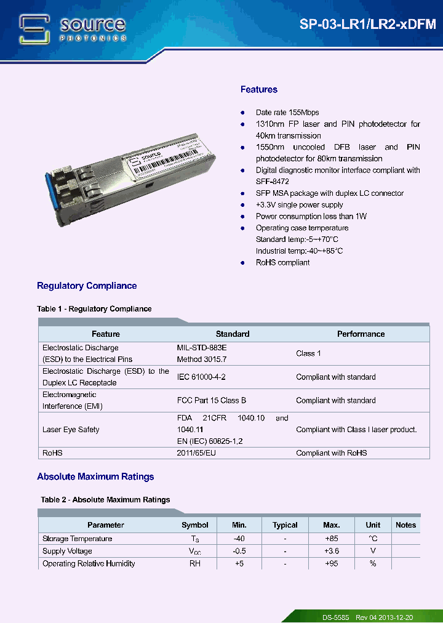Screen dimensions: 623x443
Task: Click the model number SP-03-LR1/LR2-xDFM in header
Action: coord(367,25)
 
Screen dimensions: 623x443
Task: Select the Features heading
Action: coord(258,90)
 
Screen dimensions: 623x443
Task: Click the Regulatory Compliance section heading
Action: coord(87,286)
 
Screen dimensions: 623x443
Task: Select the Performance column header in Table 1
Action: coord(361,334)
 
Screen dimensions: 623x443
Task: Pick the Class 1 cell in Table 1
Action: coord(308,353)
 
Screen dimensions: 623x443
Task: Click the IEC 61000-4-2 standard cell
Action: coord(205,377)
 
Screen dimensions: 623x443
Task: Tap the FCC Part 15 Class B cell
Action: coord(211,400)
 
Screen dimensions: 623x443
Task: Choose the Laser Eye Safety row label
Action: coord(71,430)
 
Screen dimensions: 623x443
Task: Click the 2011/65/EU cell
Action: coord(196,453)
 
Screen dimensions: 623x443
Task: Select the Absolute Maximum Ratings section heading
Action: coord(95,477)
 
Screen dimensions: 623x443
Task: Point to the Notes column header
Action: coord(405,525)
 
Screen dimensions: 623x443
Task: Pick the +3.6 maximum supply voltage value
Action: coord(331,551)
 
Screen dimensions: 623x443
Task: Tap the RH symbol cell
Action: coord(194,563)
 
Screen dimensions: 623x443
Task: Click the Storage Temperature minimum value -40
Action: coord(239,539)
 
